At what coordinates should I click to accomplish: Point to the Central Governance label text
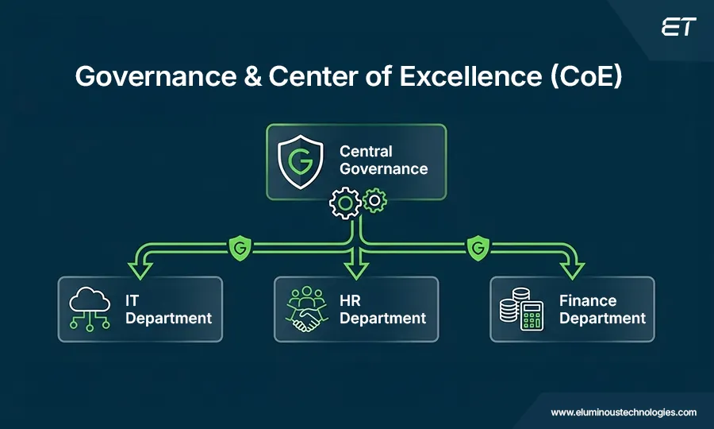[383, 160]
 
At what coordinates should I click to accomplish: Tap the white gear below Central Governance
[345, 204]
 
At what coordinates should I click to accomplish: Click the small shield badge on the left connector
[238, 249]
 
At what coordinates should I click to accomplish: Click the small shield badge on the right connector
[477, 249]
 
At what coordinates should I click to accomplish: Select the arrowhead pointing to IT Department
[140, 269]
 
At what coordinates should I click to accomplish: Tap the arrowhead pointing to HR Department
[356, 269]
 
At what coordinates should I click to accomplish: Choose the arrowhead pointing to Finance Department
[571, 269]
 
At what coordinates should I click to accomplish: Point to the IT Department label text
[168, 309]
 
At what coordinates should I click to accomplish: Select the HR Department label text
[383, 309]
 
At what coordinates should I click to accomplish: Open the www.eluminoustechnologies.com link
[624, 412]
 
